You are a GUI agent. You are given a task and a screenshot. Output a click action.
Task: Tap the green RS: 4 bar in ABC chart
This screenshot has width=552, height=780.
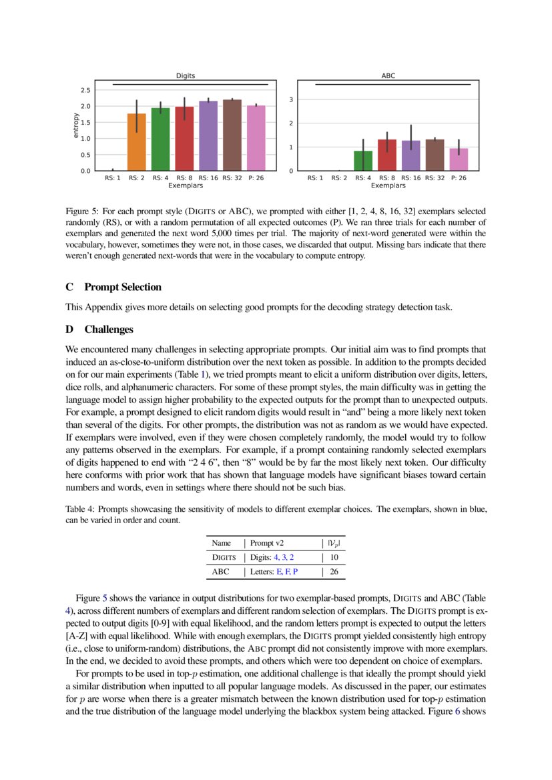pos(363,161)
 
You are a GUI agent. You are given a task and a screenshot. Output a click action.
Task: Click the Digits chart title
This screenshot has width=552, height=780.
pos(185,76)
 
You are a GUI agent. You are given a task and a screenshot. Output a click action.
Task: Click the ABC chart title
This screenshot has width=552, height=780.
pos(388,76)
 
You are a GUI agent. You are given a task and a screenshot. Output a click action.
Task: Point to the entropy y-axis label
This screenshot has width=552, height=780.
pos(75,126)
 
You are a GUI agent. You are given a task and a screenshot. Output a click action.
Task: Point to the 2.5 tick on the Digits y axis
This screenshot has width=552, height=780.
pos(85,90)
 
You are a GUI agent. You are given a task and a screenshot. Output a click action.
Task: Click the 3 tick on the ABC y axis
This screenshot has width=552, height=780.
pos(292,99)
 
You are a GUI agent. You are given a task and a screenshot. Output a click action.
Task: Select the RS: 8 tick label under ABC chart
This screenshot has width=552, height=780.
pos(387,178)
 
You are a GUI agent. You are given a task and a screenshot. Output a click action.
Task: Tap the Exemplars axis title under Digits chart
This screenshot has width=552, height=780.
pos(185,185)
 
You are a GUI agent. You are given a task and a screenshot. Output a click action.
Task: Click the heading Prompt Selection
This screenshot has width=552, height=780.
pos(123,287)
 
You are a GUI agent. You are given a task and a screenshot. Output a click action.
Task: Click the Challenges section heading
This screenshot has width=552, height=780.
pos(109,329)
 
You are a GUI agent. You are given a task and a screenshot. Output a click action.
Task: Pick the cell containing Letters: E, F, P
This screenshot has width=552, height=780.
pos(274,572)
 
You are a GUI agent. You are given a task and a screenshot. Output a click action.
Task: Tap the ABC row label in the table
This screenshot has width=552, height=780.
pos(220,572)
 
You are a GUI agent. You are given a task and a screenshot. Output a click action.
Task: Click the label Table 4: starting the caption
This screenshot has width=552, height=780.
pos(81,509)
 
